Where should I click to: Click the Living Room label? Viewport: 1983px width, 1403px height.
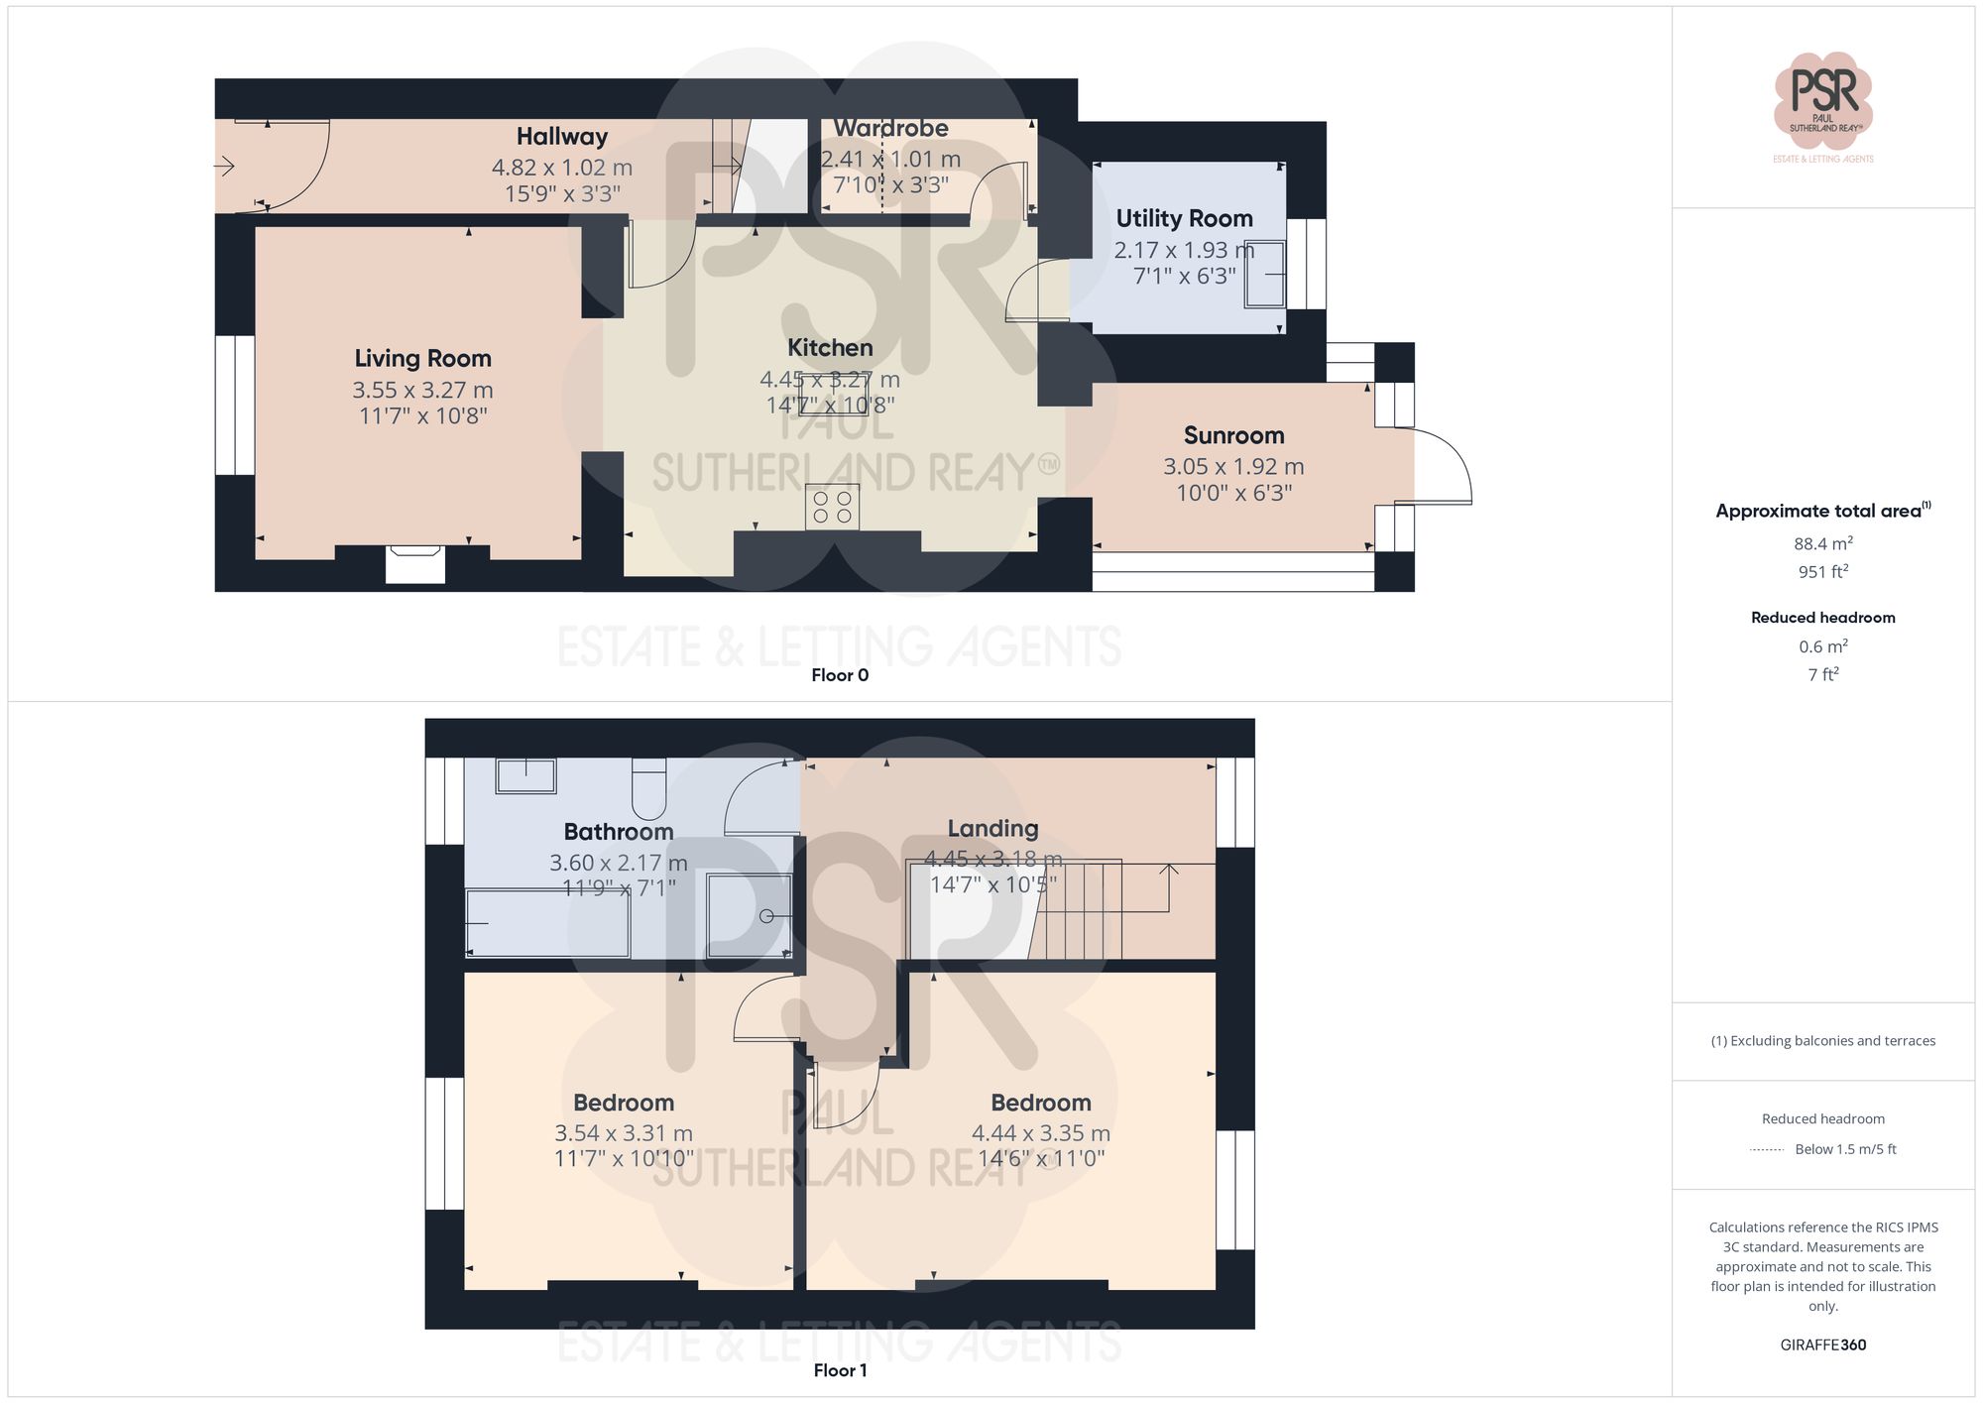pyautogui.click(x=422, y=358)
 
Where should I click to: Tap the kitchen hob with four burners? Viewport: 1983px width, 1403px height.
pyautogui.click(x=832, y=507)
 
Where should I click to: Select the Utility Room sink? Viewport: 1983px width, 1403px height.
pyautogui.click(x=1265, y=274)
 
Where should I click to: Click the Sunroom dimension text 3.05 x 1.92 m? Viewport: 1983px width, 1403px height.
pyautogui.click(x=1233, y=466)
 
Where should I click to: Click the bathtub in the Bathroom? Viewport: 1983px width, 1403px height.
pyautogui.click(x=547, y=923)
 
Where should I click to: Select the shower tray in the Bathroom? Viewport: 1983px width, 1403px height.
pyautogui.click(x=749, y=915)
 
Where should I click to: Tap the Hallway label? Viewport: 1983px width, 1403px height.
pyautogui.click(x=561, y=137)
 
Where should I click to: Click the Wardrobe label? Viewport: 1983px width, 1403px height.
pyautogui.click(x=890, y=128)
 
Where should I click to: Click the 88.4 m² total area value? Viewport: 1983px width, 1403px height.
pyautogui.click(x=1822, y=543)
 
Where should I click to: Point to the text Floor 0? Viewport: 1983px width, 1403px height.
pyautogui.click(x=839, y=675)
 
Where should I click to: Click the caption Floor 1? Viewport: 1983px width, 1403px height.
pyautogui.click(x=839, y=1370)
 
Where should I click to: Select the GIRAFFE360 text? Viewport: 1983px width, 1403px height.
pyautogui.click(x=1822, y=1345)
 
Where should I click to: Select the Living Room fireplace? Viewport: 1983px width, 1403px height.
pyautogui.click(x=415, y=564)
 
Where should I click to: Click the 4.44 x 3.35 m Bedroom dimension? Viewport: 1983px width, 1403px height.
pyautogui.click(x=1040, y=1132)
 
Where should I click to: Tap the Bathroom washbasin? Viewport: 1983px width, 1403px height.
pyautogui.click(x=525, y=775)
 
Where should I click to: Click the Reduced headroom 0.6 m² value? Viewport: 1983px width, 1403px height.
pyautogui.click(x=1822, y=646)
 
